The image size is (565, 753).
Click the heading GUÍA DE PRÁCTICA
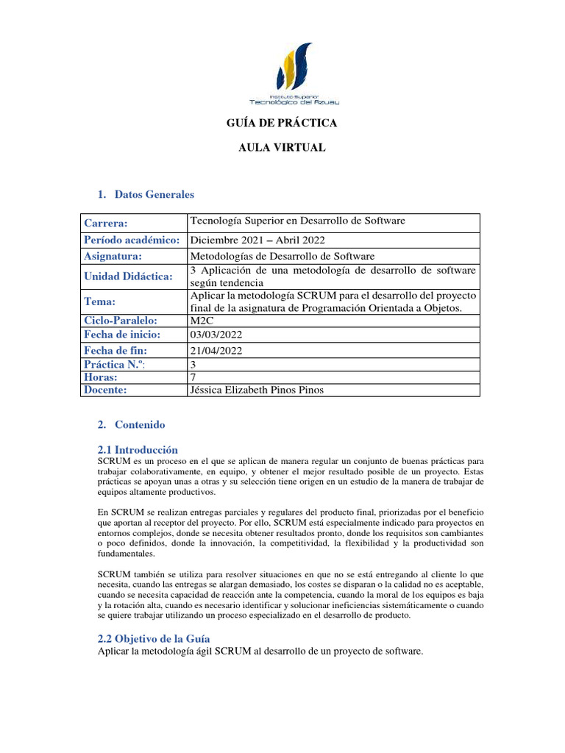[x=282, y=124]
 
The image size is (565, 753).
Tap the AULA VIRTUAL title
[x=282, y=148]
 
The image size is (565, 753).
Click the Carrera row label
[x=106, y=224]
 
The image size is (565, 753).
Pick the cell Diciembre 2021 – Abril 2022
[x=258, y=240]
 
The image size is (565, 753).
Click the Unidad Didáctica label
[x=128, y=276]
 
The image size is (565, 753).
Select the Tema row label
[x=100, y=301]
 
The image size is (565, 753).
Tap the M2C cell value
[x=202, y=321]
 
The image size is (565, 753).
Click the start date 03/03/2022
[x=216, y=335]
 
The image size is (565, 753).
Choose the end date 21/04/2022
[x=216, y=351]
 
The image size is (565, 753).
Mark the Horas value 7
[x=193, y=376]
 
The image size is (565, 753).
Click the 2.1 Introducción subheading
[x=138, y=449]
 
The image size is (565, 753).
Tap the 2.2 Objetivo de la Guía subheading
[x=154, y=639]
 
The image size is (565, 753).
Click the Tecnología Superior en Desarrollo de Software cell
[x=297, y=221]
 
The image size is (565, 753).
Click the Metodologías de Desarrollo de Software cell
[x=282, y=256]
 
